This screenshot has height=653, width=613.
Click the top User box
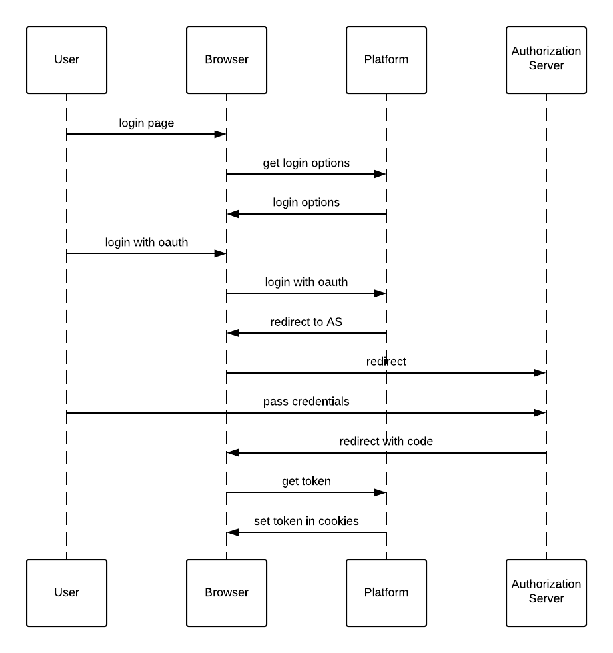click(x=67, y=60)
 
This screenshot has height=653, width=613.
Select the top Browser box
click(x=227, y=60)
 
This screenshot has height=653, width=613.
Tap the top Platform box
click(x=386, y=60)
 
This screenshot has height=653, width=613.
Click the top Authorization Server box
click(x=546, y=60)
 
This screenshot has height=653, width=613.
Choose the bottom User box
click(x=67, y=592)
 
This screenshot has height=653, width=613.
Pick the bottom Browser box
click(x=227, y=592)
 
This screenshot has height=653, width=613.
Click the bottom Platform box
click(x=386, y=592)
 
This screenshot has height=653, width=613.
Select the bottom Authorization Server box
click(x=546, y=592)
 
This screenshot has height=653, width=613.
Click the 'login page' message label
click(x=147, y=123)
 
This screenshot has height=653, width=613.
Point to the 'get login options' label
click(x=306, y=163)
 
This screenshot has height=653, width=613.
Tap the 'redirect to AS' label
click(x=306, y=322)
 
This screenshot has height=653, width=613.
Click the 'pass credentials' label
click(x=306, y=402)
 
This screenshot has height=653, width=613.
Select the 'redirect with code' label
click(x=386, y=442)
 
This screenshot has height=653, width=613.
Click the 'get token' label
click(x=306, y=481)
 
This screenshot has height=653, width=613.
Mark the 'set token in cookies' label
click(x=306, y=521)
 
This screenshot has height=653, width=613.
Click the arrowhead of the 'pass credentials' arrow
click(x=540, y=413)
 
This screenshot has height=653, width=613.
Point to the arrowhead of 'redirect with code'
click(x=233, y=453)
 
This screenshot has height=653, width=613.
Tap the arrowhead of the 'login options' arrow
click(x=233, y=214)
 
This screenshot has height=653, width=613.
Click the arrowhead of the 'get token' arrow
click(x=380, y=492)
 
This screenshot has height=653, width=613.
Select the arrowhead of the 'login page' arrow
click(x=220, y=134)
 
